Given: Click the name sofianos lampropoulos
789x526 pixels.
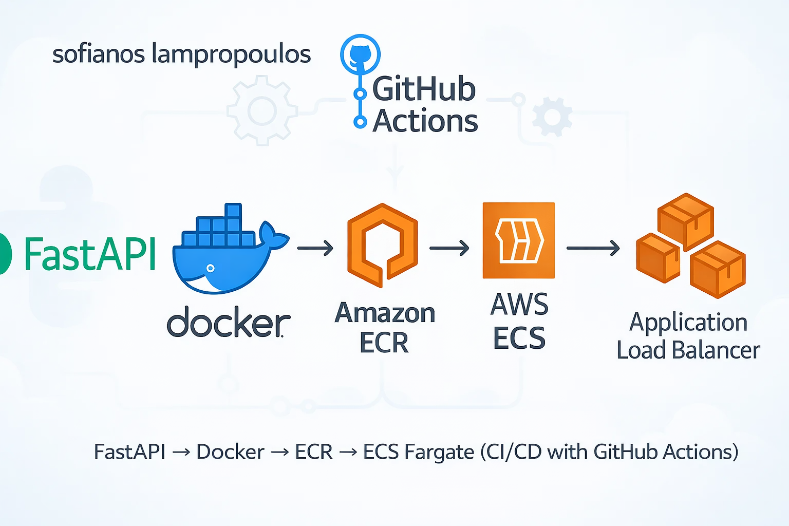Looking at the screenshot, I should (x=181, y=54).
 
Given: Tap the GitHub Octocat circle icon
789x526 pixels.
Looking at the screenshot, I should (x=360, y=53).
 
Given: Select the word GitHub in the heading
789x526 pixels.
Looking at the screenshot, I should (x=424, y=89).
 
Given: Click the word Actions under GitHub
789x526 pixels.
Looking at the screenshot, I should (x=425, y=121).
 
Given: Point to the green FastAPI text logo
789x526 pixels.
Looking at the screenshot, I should (x=90, y=254).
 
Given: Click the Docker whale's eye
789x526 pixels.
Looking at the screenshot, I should (x=210, y=268).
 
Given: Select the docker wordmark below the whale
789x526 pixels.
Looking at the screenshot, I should (x=229, y=323).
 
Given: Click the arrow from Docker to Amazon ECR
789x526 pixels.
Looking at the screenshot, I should (x=315, y=249).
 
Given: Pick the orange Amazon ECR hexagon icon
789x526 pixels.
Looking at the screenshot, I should (x=383, y=245).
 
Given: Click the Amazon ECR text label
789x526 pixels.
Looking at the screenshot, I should (x=385, y=328).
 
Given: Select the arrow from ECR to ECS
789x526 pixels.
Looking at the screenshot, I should (x=449, y=249).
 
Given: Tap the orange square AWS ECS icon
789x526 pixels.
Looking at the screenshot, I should (x=519, y=240).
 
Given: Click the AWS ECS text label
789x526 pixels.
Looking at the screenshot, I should (x=519, y=322).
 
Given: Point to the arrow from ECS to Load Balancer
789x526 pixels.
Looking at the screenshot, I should (x=593, y=249).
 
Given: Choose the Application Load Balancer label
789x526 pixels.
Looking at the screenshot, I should (x=688, y=336).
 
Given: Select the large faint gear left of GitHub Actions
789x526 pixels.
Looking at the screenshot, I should (x=262, y=110).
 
